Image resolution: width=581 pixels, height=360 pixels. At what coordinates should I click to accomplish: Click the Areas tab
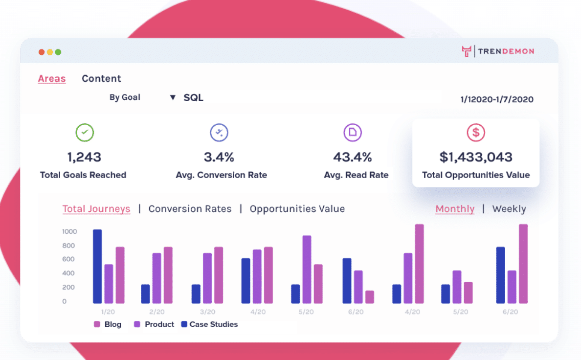tap(52, 79)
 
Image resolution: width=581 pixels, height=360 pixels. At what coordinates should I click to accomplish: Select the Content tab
tap(101, 79)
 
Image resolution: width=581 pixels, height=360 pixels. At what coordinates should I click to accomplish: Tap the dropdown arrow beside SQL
tap(172, 98)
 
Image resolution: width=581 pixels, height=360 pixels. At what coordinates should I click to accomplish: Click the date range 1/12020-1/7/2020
tap(496, 100)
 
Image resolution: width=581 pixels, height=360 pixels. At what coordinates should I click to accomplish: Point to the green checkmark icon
tap(85, 132)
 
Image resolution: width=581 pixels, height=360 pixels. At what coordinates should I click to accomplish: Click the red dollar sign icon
tap(475, 132)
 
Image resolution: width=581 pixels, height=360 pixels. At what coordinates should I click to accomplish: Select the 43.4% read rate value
tap(352, 157)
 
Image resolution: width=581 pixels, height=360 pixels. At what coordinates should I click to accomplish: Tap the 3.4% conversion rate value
tap(219, 157)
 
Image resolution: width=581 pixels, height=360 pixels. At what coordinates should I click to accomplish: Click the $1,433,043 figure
tap(475, 157)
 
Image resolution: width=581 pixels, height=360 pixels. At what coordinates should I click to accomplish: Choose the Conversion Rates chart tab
tap(190, 209)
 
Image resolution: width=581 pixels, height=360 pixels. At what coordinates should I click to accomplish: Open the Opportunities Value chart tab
tap(297, 209)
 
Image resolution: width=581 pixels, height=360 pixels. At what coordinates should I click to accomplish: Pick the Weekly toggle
tap(509, 209)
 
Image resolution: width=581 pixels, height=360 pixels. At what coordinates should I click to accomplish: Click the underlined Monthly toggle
tap(455, 209)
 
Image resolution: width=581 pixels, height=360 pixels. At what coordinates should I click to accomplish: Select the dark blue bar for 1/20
tap(97, 267)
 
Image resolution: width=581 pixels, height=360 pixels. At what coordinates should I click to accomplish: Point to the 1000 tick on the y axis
tap(69, 231)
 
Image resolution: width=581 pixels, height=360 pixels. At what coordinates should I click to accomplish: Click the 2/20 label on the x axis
tap(156, 312)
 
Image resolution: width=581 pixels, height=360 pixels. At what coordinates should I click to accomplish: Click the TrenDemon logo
tap(498, 51)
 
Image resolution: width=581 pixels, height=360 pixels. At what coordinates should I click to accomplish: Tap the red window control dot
tap(42, 52)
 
